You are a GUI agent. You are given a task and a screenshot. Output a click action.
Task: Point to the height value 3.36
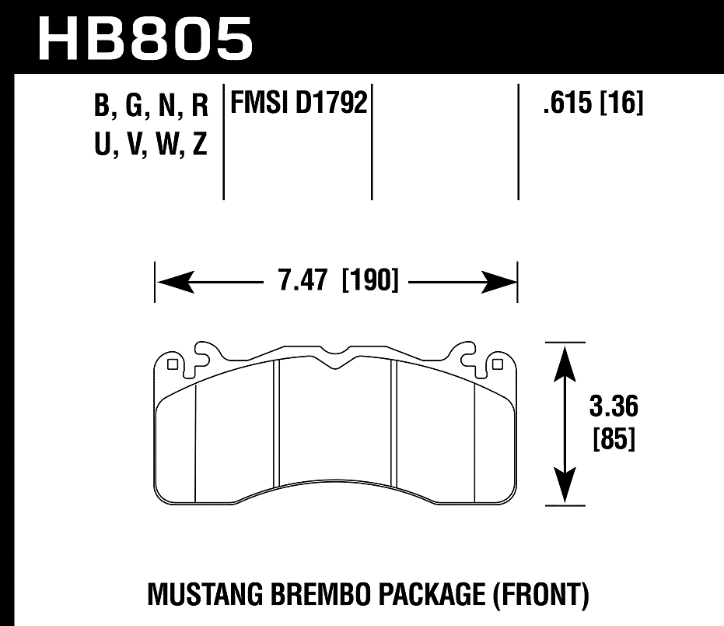[x=614, y=407]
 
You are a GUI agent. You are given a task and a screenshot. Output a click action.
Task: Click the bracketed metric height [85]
[x=614, y=440]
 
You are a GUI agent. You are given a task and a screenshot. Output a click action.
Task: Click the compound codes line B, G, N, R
[x=151, y=105]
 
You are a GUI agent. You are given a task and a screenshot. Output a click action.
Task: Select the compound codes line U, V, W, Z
[x=151, y=144]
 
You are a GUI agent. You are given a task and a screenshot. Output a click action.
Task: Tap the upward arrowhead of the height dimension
[x=565, y=359]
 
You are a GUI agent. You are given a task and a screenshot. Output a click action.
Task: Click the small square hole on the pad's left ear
[x=173, y=362]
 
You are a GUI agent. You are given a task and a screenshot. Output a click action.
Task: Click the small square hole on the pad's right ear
[x=498, y=362]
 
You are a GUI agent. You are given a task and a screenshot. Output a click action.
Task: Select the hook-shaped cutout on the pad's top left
[x=204, y=354]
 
